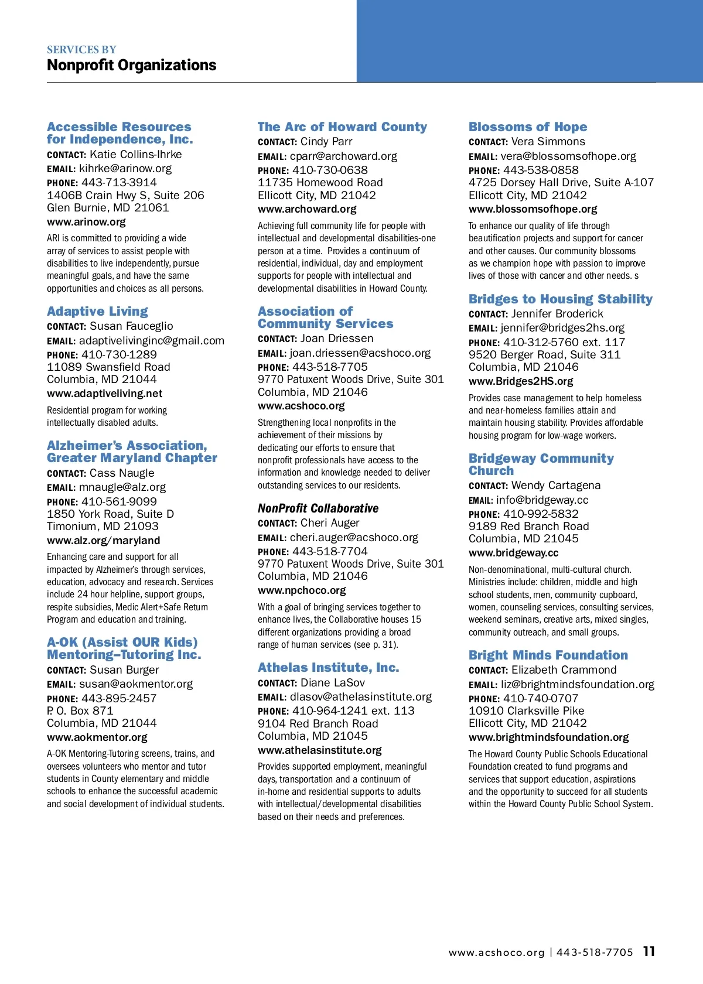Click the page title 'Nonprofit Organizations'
[x=131, y=65]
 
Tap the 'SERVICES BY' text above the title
[x=81, y=50]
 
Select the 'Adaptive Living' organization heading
[x=97, y=312]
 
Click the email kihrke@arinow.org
[x=125, y=169]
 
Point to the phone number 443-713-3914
[x=119, y=183]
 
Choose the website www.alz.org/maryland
[x=103, y=541]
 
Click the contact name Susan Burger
[x=124, y=670]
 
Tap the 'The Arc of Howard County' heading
[x=342, y=127]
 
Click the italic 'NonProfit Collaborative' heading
[x=318, y=508]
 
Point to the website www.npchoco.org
[x=302, y=590]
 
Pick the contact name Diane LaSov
[x=332, y=683]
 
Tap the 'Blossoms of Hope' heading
[x=527, y=127]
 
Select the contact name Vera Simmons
[x=548, y=142]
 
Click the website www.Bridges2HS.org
[x=521, y=381]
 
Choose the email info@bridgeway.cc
[x=542, y=500]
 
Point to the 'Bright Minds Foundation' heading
[x=548, y=655]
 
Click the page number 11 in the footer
[x=649, y=951]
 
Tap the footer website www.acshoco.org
[x=496, y=952]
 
